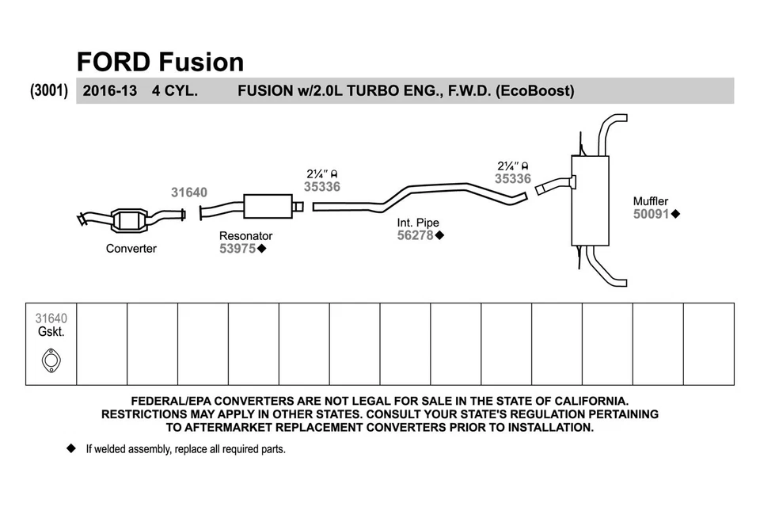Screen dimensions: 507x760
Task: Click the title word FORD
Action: click(x=113, y=62)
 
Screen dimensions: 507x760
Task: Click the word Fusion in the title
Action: click(x=201, y=62)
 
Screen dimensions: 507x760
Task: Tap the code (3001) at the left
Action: click(x=49, y=90)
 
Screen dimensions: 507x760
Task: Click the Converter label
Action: click(x=131, y=249)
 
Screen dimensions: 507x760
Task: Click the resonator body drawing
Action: click(x=268, y=206)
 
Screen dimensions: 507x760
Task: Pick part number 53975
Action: click(x=237, y=249)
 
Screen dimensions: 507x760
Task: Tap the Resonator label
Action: click(x=245, y=236)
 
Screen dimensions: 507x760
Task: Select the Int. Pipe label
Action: click(x=418, y=223)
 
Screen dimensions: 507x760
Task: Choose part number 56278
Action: click(x=416, y=235)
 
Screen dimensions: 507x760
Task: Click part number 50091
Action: click(x=652, y=214)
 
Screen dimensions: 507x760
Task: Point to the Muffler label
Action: click(x=651, y=201)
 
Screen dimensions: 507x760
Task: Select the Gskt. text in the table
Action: click(x=51, y=332)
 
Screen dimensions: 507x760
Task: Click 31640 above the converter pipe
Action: click(x=189, y=193)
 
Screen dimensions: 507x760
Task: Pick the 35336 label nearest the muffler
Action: click(x=513, y=179)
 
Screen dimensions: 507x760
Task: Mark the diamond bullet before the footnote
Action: click(x=70, y=449)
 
